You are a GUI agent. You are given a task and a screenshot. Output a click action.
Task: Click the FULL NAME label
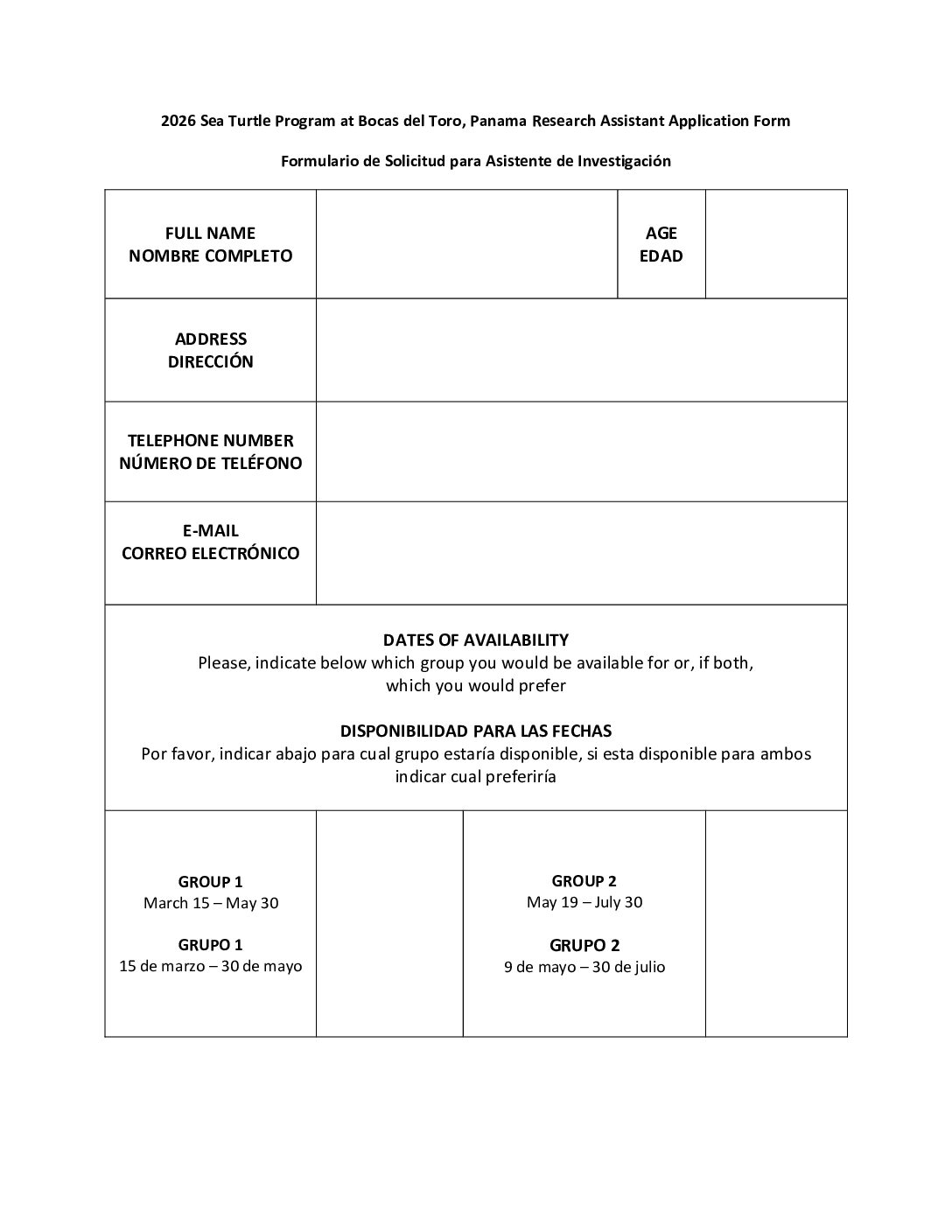[x=210, y=233]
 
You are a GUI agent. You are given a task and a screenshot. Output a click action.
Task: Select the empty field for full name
[x=466, y=244]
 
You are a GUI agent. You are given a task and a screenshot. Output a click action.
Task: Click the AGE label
[x=661, y=233]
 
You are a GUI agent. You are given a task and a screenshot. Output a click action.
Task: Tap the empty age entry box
[x=776, y=244]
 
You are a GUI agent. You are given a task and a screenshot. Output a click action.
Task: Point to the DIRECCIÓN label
[x=210, y=361]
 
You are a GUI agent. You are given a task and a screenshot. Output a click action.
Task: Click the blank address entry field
[x=581, y=350]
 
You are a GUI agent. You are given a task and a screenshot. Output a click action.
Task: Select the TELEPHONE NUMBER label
[x=210, y=440]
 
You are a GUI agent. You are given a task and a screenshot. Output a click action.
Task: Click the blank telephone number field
[x=581, y=451]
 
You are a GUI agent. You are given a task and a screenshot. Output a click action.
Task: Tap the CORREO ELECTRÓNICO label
[x=210, y=553]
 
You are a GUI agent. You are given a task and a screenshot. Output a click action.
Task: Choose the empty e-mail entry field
[x=581, y=553]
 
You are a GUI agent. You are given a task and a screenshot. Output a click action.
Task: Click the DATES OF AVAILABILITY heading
[x=476, y=640]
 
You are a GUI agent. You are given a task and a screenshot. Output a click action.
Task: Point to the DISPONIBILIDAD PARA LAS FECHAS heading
[x=476, y=731]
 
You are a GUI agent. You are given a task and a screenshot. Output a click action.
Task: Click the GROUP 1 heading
[x=210, y=882]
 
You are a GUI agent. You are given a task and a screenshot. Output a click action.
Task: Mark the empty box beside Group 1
[x=389, y=924]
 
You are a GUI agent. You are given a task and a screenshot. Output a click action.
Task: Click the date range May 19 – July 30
[x=584, y=902]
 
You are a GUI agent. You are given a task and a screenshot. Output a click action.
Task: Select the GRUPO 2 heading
[x=584, y=945]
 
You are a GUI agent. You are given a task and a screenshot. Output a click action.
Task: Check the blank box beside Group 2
[x=776, y=924]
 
